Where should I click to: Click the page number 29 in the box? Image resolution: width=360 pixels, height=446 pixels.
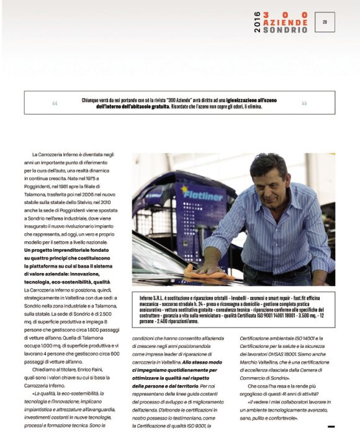pyautogui.click(x=325, y=22)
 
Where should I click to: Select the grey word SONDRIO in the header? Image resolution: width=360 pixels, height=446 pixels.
pyautogui.click(x=285, y=30)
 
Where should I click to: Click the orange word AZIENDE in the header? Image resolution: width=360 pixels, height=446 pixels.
pyautogui.click(x=285, y=22)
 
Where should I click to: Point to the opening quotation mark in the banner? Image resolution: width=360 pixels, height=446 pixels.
pyautogui.click(x=55, y=103)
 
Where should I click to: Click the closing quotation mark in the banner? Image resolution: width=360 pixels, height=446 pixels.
pyautogui.click(x=304, y=103)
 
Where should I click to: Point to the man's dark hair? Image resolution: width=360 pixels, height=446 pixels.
pyautogui.click(x=267, y=163)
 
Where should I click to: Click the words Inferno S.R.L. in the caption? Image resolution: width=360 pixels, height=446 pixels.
pyautogui.click(x=153, y=298)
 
